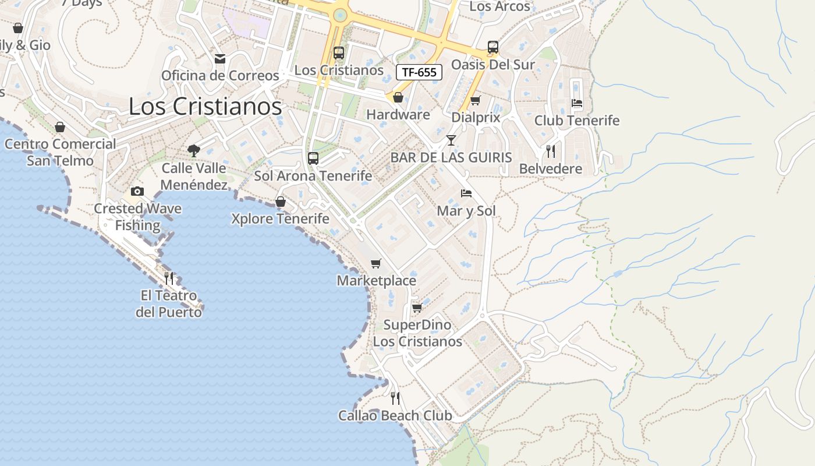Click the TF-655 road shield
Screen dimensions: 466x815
pyautogui.click(x=419, y=72)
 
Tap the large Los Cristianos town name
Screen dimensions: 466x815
pyautogui.click(x=205, y=107)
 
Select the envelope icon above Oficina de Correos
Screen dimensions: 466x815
pyautogui.click(x=220, y=59)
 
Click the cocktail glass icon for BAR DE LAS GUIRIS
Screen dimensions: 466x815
pyautogui.click(x=451, y=140)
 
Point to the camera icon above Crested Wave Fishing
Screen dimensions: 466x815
pyautogui.click(x=137, y=191)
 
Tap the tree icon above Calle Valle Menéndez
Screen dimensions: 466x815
pyautogui.click(x=194, y=151)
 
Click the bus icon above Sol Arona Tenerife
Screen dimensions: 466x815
pyautogui.click(x=313, y=158)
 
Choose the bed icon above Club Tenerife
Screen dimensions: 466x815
pyautogui.click(x=577, y=103)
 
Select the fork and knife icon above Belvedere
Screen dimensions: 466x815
pyautogui.click(x=550, y=151)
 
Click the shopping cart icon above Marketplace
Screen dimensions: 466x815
pyautogui.click(x=376, y=264)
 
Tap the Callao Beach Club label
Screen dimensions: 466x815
pyautogui.click(x=395, y=416)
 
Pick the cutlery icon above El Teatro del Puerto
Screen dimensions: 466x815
pyautogui.click(x=169, y=278)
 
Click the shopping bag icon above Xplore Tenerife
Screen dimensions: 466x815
pyautogui.click(x=281, y=202)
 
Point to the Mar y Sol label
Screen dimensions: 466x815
pyautogui.click(x=466, y=210)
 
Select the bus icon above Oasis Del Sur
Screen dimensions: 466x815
pyautogui.click(x=493, y=47)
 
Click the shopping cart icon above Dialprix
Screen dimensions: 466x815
pyautogui.click(x=476, y=100)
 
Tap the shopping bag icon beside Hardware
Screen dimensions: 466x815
pyautogui.click(x=398, y=97)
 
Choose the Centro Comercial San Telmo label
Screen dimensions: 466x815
pyautogui.click(x=60, y=152)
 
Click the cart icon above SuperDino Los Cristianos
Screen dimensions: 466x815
pyautogui.click(x=417, y=308)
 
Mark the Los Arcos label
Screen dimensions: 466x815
pyautogui.click(x=499, y=7)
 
